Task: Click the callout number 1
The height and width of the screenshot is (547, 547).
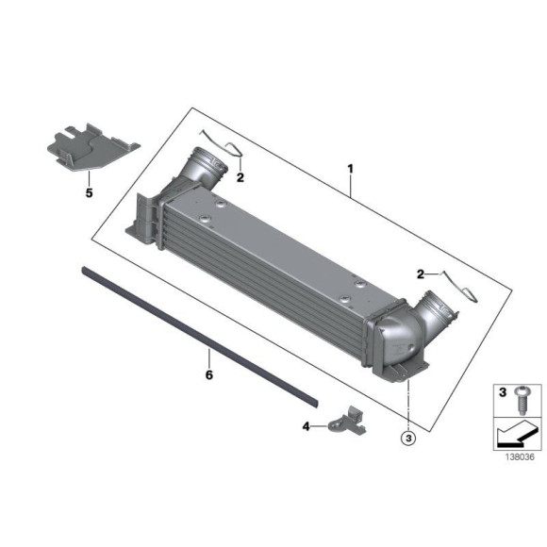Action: tap(350, 170)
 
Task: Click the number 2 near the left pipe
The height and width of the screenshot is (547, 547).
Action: tap(240, 176)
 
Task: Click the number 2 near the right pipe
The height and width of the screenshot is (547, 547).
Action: tap(420, 273)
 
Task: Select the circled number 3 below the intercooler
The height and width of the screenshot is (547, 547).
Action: tap(407, 438)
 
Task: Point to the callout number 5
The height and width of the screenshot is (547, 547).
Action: tap(90, 193)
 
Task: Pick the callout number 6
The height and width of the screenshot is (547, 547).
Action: tap(209, 375)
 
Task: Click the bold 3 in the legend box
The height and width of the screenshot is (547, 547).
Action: tap(503, 391)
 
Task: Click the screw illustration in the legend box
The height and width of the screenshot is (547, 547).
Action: tap(520, 399)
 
